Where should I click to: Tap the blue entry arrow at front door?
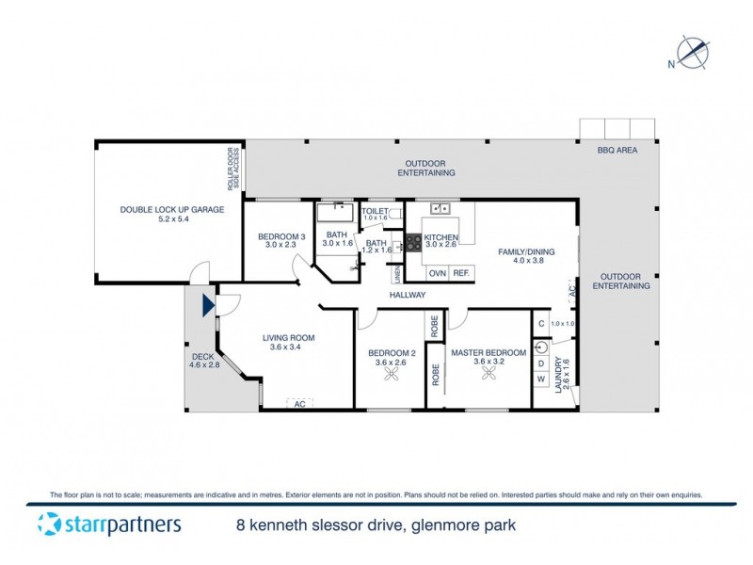[x=207, y=303]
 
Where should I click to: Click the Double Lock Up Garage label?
[x=171, y=214]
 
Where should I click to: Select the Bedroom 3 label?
[x=281, y=240]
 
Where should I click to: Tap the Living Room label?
[x=287, y=342]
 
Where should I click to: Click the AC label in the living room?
[x=300, y=403]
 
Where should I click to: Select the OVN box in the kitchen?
[x=437, y=273]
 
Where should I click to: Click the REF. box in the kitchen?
[x=461, y=273]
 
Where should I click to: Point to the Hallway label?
[x=409, y=295]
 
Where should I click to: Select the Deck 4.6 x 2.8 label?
[x=203, y=361]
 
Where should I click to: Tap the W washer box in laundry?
[x=541, y=379]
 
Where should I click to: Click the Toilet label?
[x=376, y=212]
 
